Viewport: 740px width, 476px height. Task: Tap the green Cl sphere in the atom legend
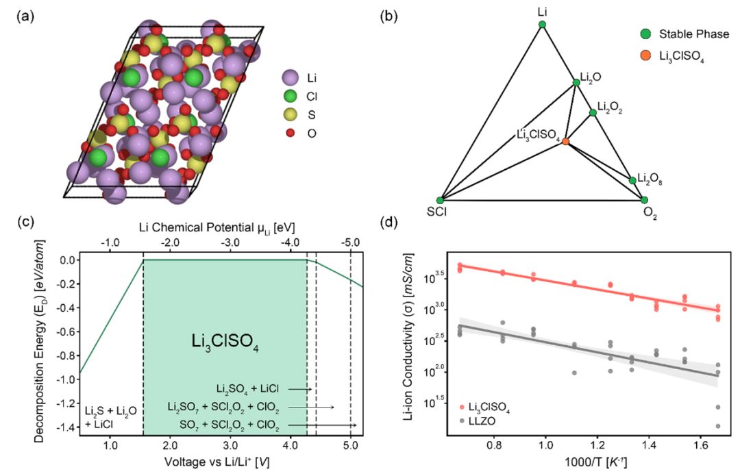point(290,96)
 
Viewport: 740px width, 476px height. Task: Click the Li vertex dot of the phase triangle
point(542,25)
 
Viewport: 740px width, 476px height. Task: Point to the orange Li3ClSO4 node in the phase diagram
point(566,141)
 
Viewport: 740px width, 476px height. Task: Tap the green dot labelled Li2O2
point(593,112)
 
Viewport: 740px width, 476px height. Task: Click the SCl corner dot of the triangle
point(441,200)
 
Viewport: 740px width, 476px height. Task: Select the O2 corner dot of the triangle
point(644,200)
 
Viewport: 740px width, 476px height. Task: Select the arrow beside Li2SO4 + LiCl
point(300,388)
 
